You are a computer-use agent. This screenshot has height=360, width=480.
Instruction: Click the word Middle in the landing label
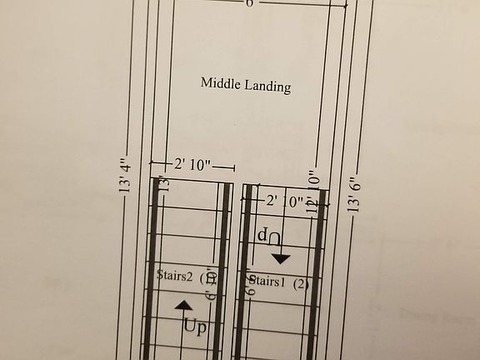click(x=220, y=83)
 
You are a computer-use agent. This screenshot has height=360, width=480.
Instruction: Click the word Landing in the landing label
click(x=267, y=86)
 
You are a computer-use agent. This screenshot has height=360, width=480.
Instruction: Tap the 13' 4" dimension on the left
click(x=126, y=176)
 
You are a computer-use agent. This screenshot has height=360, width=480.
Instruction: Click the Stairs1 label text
click(x=267, y=282)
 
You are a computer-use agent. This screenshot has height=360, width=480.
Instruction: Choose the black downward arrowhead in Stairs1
click(x=280, y=257)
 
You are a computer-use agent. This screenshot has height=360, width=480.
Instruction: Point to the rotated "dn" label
click(x=268, y=237)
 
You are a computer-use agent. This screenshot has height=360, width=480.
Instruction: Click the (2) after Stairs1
click(x=301, y=283)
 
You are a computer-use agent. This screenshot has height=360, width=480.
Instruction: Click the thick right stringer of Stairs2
click(x=225, y=275)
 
